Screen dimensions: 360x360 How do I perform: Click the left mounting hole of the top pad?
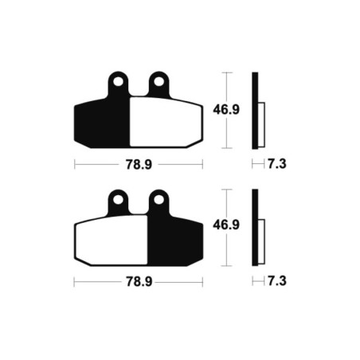pos(118,81)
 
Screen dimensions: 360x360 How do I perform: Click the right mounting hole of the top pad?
pos(158,81)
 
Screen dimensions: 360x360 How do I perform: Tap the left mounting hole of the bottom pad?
pos(118,200)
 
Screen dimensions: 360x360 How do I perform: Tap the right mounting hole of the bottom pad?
pos(158,200)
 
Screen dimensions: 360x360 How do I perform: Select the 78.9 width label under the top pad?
pos(139,165)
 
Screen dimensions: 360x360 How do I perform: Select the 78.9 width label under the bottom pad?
pos(139,282)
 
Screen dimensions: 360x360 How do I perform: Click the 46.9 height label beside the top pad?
pos(226,109)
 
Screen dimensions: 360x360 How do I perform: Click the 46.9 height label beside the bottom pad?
pos(226,225)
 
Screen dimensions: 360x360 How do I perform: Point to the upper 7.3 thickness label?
pos(277,164)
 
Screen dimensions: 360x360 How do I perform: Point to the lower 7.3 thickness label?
pos(277,281)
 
